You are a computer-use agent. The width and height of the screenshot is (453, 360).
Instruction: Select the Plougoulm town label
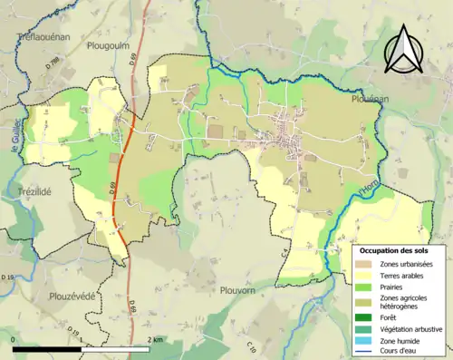pyautogui.click(x=110, y=45)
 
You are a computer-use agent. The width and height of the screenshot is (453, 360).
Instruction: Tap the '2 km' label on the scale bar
pyautogui.click(x=156, y=339)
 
